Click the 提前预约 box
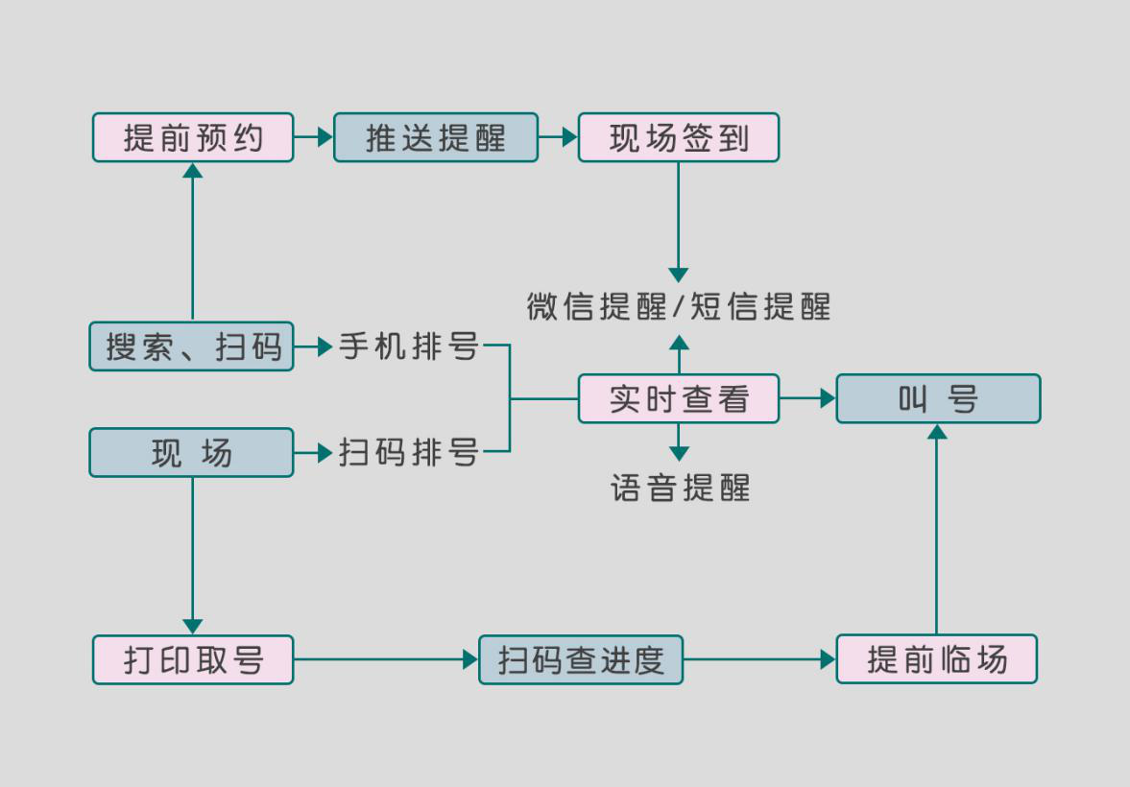(193, 137)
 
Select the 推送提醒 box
(436, 137)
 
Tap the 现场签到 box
(679, 137)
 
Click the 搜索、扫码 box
(192, 346)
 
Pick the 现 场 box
(192, 452)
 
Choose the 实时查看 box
(679, 398)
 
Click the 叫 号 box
(938, 398)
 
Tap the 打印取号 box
(193, 659)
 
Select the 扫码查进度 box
(581, 659)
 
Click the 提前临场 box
(937, 659)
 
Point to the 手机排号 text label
(409, 346)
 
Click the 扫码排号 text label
(409, 452)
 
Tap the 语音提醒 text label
(680, 489)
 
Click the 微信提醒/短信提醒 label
(679, 306)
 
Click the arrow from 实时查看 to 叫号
(807, 398)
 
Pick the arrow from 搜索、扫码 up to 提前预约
(193, 240)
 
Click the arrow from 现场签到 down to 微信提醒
(679, 221)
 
